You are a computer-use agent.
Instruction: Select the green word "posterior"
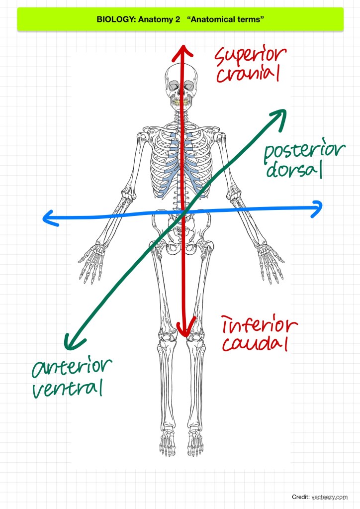304,153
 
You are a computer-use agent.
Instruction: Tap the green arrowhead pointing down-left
71,342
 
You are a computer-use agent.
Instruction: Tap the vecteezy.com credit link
330,497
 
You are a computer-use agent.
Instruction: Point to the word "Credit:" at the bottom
301,497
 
